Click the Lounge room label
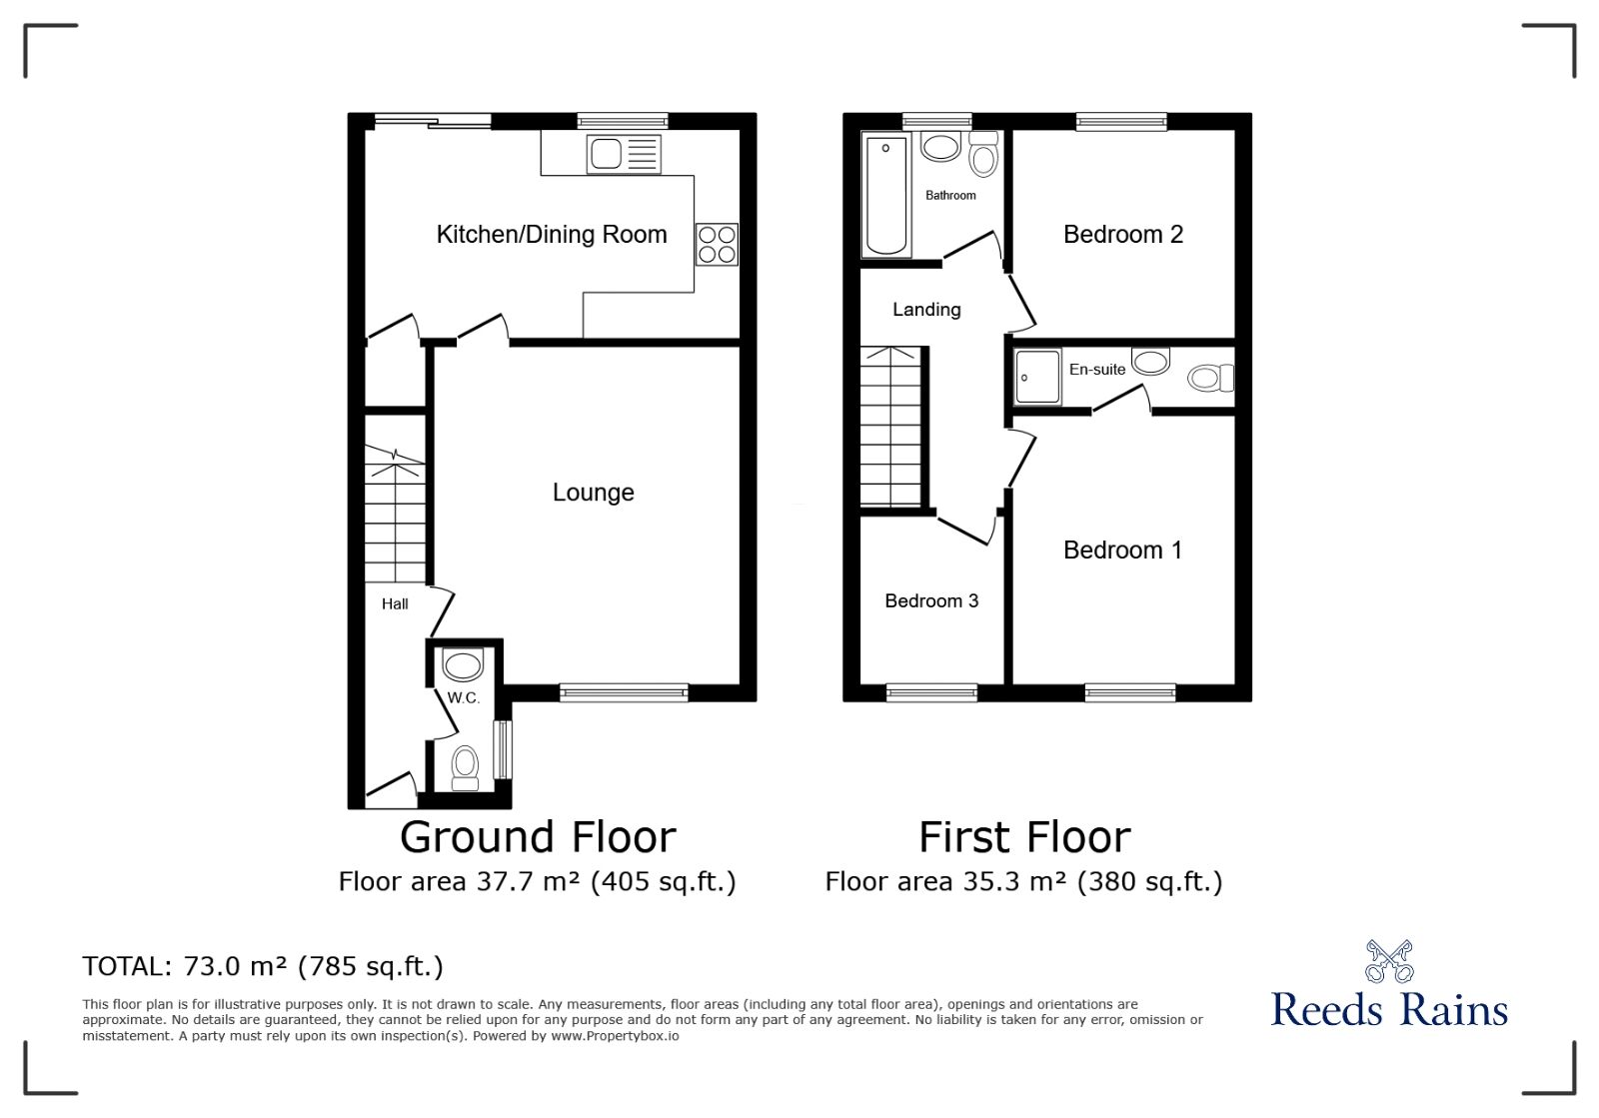[594, 493]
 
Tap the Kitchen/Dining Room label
[551, 234]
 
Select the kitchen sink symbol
[624, 154]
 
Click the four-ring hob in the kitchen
[717, 244]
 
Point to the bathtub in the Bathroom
[885, 195]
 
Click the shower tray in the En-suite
[1037, 378]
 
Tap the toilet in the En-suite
[1210, 378]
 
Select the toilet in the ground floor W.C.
[466, 767]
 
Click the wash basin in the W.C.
[463, 665]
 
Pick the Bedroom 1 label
[1122, 551]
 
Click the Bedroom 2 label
[1123, 234]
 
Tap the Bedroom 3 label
[930, 600]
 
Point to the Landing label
[926, 310]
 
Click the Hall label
[395, 604]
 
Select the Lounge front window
[624, 692]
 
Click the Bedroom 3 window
[931, 692]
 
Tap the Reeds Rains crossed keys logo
[1388, 962]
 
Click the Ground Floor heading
[538, 837]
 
